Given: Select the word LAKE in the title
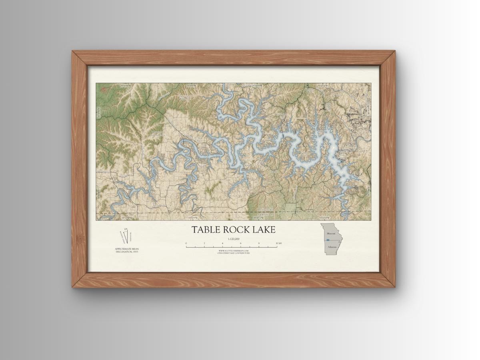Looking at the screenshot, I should tap(262, 230).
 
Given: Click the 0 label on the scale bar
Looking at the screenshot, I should tap(186, 243).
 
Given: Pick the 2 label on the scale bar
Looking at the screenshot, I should tap(204, 243).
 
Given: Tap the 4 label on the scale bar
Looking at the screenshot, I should tap(222, 243).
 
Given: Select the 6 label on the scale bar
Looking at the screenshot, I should tap(240, 243).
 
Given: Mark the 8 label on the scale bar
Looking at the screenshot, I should tap(259, 243).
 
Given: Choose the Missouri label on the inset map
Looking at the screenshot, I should tap(331, 233).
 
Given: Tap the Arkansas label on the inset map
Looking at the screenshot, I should tap(332, 247).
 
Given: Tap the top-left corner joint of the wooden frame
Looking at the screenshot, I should tap(79, 58).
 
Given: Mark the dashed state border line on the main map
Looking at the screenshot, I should tap(320, 211).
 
